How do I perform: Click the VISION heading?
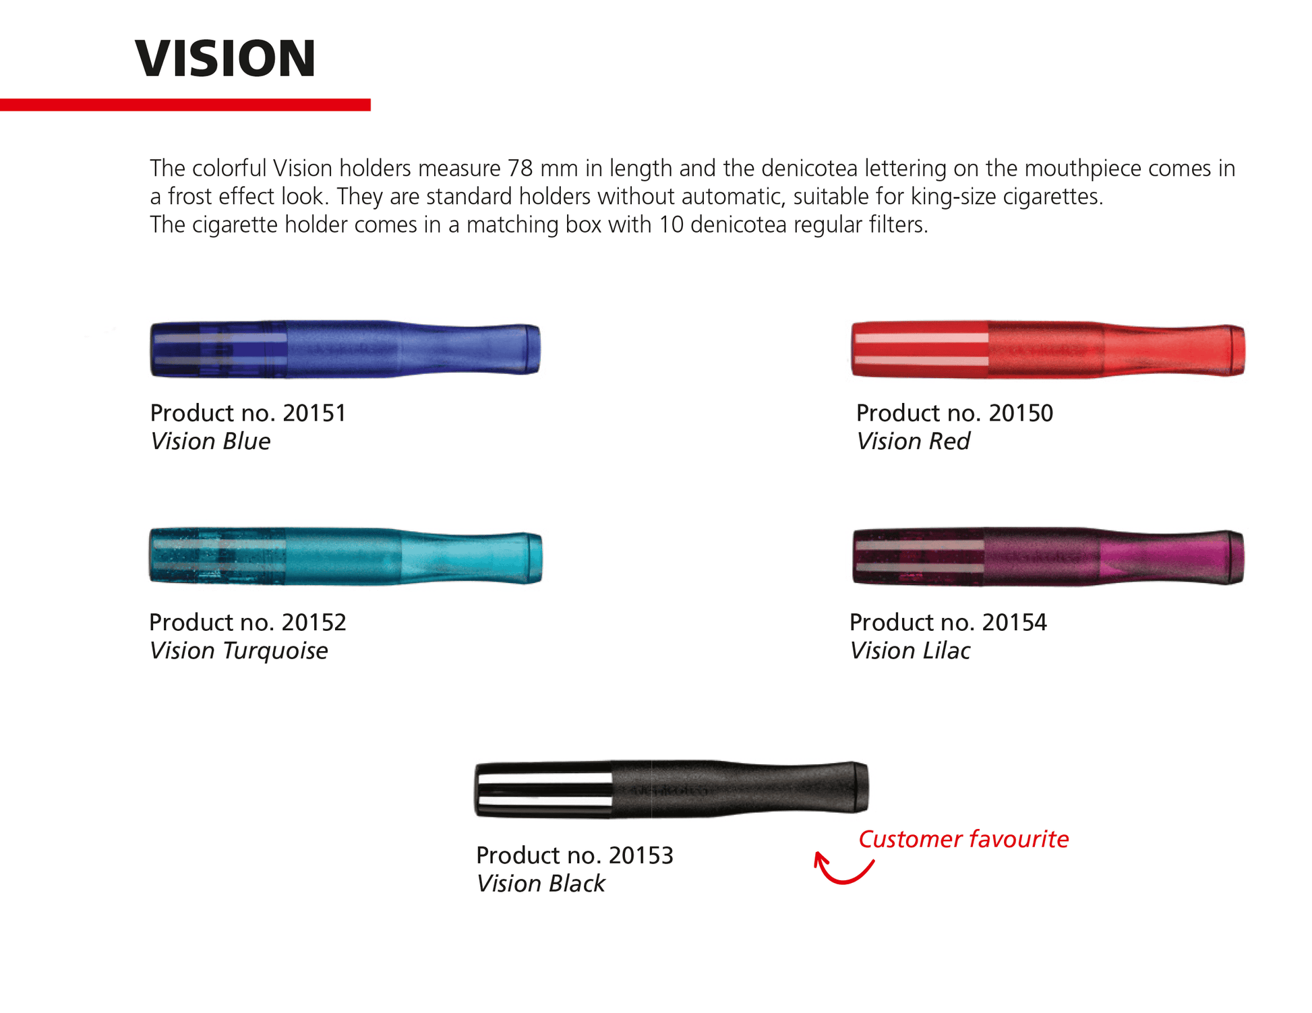pos(225,59)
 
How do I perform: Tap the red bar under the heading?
pos(185,104)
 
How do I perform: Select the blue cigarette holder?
pos(345,349)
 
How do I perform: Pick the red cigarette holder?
pos(1048,349)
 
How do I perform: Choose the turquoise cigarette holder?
pos(345,557)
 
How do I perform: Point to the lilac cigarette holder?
pos(1048,557)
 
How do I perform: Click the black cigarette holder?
pos(672,789)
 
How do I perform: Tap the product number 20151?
pos(314,412)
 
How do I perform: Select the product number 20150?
pos(1021,412)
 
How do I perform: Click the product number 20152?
pos(314,622)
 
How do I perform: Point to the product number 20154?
pos(1015,622)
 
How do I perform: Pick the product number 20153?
pos(641,855)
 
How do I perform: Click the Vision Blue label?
pos(210,441)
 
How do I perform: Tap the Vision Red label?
pos(913,441)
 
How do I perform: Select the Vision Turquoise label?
pos(239,651)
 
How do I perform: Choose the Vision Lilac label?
pos(910,651)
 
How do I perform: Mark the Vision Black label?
pos(541,884)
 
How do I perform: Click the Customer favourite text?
pos(963,839)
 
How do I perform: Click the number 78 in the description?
pos(520,168)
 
